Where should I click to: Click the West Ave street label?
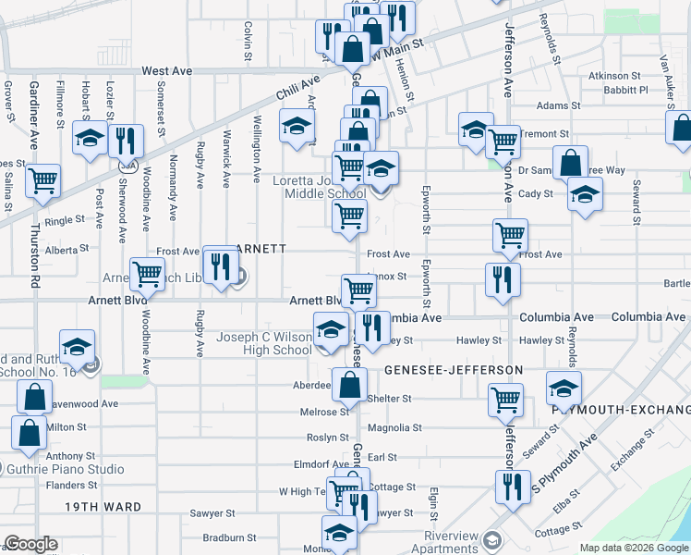click(x=167, y=70)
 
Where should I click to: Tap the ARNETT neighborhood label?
click(x=262, y=249)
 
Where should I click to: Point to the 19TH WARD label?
click(x=103, y=507)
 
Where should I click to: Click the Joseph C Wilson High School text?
click(x=265, y=344)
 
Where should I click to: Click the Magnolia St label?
click(x=394, y=428)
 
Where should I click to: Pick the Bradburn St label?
click(x=230, y=536)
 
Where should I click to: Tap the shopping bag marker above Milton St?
click(x=34, y=397)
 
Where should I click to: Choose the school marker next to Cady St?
click(x=585, y=194)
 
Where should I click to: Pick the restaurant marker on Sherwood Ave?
click(x=125, y=141)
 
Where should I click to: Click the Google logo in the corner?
click(x=30, y=544)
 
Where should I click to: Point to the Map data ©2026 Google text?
click(x=634, y=548)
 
